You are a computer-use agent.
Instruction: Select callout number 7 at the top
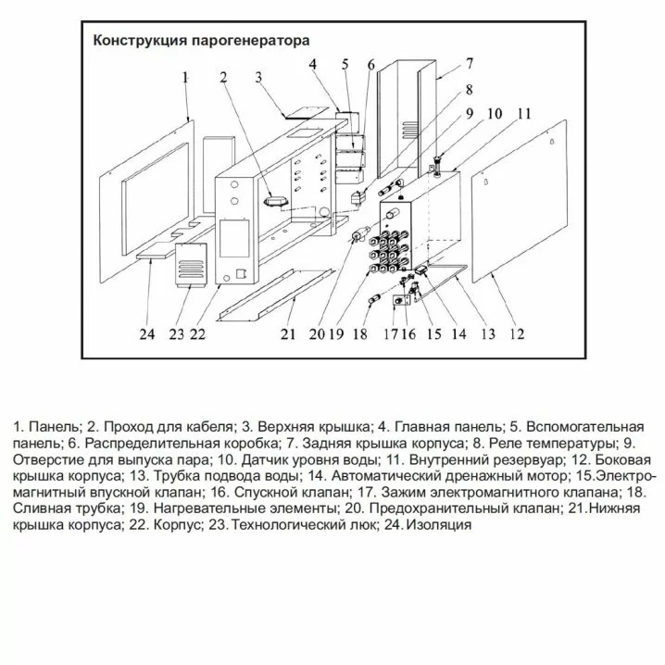click(x=470, y=64)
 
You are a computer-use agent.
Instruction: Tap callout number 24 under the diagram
click(x=146, y=334)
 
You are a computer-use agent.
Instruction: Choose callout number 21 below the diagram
click(x=287, y=334)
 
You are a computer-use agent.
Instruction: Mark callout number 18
click(x=359, y=334)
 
